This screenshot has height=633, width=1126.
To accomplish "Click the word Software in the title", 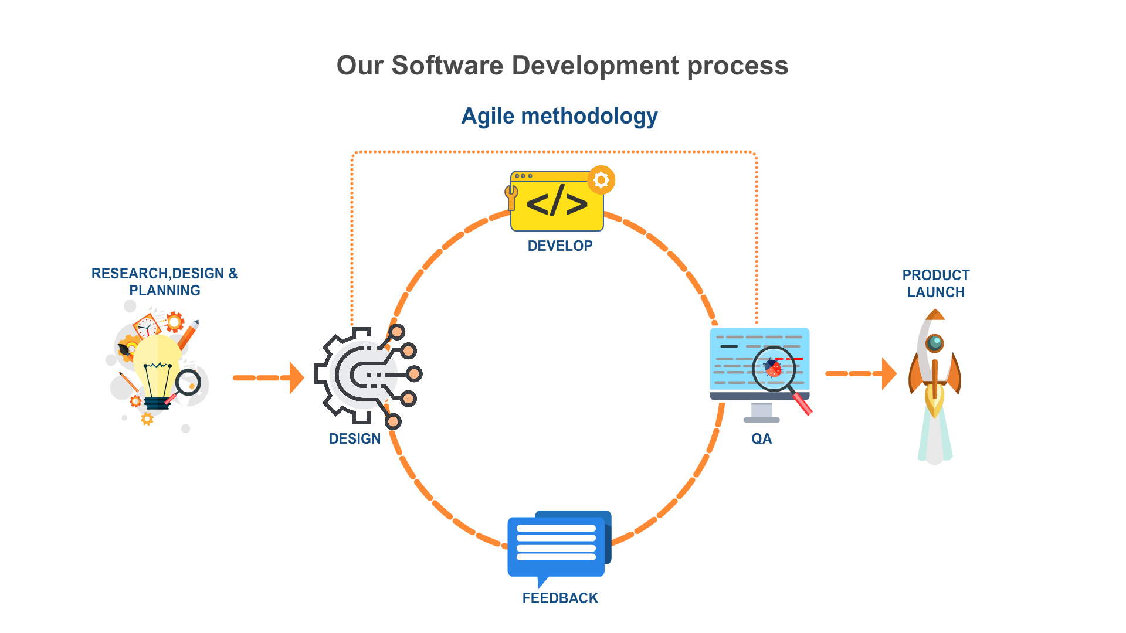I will click(x=447, y=66).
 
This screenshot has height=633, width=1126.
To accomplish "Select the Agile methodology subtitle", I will click(x=559, y=116).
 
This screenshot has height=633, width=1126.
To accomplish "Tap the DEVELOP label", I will click(x=560, y=246).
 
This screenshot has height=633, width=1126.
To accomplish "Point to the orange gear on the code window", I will click(x=601, y=180).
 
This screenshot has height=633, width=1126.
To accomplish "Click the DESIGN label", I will click(x=355, y=438).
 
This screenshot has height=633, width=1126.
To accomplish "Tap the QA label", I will click(x=761, y=438).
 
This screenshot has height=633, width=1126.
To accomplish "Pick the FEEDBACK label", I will click(x=560, y=598).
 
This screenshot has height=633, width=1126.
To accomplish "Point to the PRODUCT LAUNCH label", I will click(x=935, y=284).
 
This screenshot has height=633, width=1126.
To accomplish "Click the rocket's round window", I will click(x=934, y=342).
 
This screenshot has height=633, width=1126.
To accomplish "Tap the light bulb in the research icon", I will click(x=156, y=366).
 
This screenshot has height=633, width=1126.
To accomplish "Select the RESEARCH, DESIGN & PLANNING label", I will click(x=164, y=282).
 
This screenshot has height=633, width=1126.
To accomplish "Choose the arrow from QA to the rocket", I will click(x=860, y=373).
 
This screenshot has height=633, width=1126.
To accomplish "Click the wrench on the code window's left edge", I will click(x=511, y=196).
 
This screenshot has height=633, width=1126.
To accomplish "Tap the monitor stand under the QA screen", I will click(x=761, y=413).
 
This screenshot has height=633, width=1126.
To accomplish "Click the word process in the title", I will click(x=737, y=66).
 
